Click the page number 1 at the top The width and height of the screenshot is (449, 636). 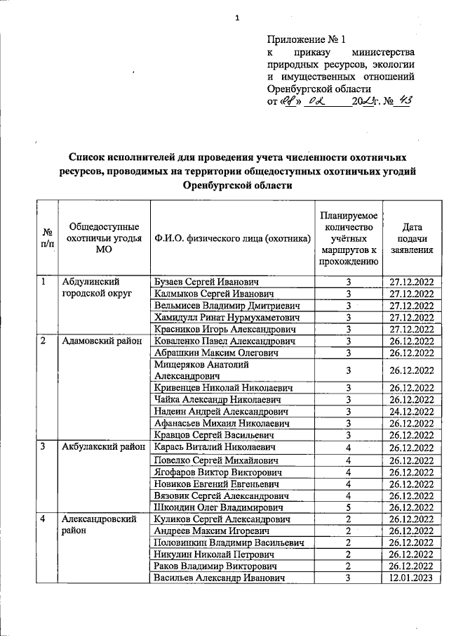237,18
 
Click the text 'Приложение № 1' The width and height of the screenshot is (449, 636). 307,40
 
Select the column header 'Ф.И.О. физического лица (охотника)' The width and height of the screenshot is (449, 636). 232,239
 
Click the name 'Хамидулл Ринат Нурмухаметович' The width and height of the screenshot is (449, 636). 221,318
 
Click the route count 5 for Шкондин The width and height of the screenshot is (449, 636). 348,507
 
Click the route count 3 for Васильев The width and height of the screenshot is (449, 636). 348,578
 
